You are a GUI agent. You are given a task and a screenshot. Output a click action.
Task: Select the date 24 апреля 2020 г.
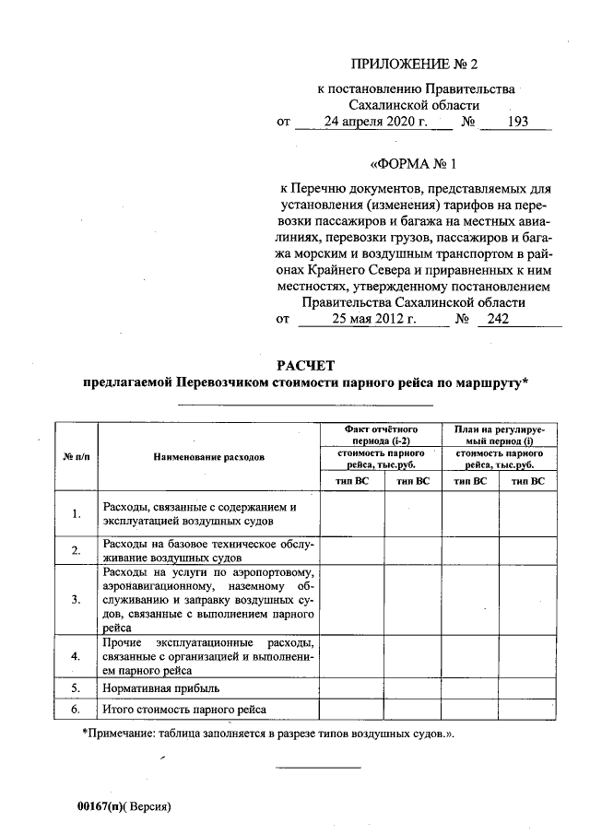click(x=367, y=122)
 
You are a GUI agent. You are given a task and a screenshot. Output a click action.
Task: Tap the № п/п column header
click(x=76, y=456)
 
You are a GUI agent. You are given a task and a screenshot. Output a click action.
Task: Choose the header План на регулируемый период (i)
click(x=499, y=435)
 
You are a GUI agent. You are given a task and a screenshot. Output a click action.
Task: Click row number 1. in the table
click(x=77, y=513)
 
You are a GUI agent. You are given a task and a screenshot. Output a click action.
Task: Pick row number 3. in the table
click(x=77, y=599)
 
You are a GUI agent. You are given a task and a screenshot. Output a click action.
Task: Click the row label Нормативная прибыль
click(x=161, y=687)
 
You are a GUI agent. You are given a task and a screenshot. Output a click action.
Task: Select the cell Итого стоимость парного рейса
click(x=184, y=710)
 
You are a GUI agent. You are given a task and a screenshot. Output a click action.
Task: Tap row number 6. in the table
click(x=77, y=710)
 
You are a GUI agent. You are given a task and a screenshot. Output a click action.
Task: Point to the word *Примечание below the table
click(x=117, y=734)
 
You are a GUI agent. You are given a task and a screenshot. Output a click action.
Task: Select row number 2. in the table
click(x=77, y=550)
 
